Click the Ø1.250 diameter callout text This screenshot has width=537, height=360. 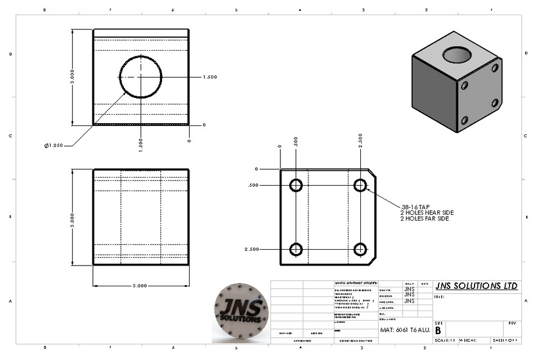(55, 146)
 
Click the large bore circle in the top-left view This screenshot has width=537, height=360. (140, 77)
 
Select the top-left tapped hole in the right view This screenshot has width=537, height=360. (296, 185)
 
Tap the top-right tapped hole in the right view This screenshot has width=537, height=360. (360, 185)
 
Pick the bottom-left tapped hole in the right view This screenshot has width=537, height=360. (296, 249)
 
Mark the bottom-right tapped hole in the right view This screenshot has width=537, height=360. (360, 249)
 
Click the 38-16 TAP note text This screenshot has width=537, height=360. (415, 206)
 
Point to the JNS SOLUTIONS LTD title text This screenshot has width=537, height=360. (476, 286)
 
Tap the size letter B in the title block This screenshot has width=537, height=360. (438, 330)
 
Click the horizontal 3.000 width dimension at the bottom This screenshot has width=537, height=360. (140, 286)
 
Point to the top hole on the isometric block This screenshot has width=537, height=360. (457, 55)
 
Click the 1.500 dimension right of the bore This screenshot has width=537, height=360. (209, 77)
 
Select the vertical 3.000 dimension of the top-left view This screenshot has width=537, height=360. (72, 77)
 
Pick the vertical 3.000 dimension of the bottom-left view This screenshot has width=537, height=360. (72, 217)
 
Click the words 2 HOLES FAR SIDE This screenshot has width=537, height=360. (424, 218)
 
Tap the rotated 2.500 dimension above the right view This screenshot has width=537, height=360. (360, 139)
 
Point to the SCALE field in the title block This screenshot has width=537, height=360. (444, 340)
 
